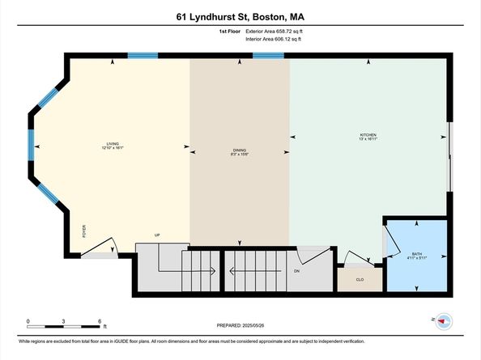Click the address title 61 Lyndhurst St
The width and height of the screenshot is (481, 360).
(240, 15)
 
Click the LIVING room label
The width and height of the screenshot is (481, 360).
(112, 145)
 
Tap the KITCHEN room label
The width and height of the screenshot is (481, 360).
(368, 135)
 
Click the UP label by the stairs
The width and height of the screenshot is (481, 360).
(159, 235)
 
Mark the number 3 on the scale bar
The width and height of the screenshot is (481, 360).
(63, 321)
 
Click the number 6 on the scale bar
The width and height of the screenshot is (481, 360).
(99, 321)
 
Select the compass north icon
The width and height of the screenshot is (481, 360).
(443, 320)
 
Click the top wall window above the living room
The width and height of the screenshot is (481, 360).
(143, 56)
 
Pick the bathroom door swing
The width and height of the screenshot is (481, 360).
(392, 239)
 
